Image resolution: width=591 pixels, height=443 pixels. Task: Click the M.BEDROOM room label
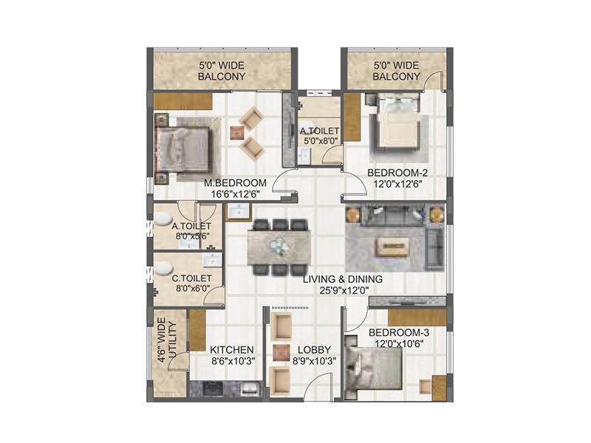236,183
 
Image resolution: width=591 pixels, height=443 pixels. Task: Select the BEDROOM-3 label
398,332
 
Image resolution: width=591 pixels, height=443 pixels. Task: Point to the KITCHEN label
232,349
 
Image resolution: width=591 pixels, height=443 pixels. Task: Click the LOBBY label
315,349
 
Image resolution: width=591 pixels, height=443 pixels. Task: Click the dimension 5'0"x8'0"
319,142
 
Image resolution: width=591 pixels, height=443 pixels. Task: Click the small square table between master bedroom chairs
236,133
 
